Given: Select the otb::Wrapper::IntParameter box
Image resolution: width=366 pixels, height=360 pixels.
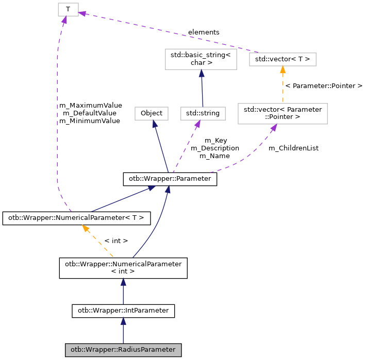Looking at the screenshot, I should [x=123, y=311].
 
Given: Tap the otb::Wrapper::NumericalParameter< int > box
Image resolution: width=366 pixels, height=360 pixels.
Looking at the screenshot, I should [x=123, y=268].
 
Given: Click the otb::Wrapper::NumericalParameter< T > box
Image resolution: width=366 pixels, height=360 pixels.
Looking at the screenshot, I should [x=76, y=218].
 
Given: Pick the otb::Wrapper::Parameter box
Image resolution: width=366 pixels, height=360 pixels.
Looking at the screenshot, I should [x=170, y=179].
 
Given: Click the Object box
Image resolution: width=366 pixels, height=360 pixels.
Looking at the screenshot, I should [x=152, y=113].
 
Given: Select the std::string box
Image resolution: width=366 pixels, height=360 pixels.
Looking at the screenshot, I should [x=203, y=113].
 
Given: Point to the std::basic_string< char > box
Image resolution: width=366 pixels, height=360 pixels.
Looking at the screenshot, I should [x=201, y=59].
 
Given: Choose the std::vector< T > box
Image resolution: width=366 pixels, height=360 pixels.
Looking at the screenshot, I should [x=282, y=59].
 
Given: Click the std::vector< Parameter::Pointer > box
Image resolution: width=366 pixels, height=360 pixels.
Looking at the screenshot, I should [x=282, y=113].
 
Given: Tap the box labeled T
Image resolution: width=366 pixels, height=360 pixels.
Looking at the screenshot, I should [x=68, y=9].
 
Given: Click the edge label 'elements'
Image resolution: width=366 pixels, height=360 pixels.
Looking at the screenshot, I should [x=204, y=32].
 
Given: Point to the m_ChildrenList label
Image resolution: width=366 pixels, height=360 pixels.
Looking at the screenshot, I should [x=293, y=148].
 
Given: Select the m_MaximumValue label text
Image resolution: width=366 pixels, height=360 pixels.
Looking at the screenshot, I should [x=90, y=105].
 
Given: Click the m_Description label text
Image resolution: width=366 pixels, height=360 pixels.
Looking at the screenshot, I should [x=215, y=148].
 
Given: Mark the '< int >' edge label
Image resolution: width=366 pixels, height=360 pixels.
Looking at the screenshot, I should [x=116, y=241].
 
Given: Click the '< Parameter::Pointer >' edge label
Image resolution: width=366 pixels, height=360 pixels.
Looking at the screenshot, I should [x=324, y=85].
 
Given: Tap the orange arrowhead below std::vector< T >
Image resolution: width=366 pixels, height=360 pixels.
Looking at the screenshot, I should [x=282, y=70].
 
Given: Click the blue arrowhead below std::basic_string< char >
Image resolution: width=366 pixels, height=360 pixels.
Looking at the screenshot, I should [x=201, y=74].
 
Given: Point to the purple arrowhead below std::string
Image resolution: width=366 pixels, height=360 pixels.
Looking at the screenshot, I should [x=196, y=124].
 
